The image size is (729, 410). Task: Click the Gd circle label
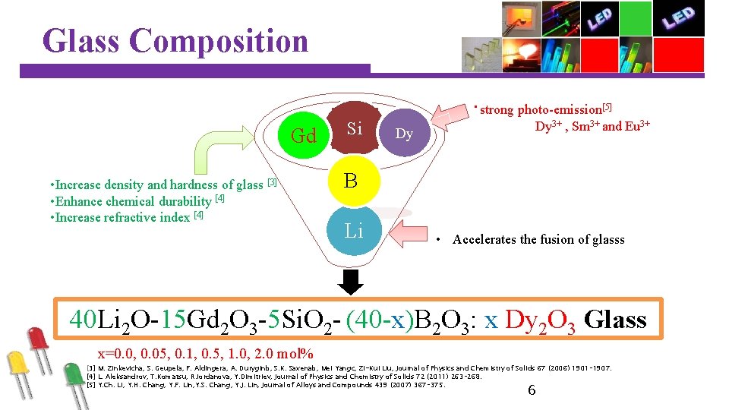click(x=304, y=136)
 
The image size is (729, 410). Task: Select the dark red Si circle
click(x=354, y=128)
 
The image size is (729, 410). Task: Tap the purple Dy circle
click(x=404, y=134)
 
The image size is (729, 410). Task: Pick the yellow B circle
click(x=351, y=181)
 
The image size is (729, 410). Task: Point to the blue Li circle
click(x=354, y=230)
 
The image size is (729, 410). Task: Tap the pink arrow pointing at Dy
click(x=450, y=116)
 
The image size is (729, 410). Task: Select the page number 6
click(x=531, y=390)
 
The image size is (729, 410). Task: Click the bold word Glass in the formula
click(x=616, y=319)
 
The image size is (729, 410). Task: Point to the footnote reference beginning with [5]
click(x=266, y=384)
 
